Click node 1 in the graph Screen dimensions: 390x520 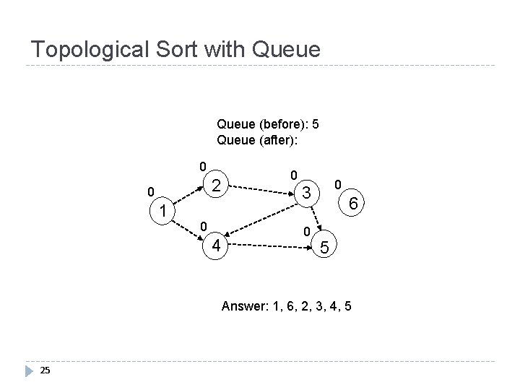165,212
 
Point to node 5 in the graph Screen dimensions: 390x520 326,248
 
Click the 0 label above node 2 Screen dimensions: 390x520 204,165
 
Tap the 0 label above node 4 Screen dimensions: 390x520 204,227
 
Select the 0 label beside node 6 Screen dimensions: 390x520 337,186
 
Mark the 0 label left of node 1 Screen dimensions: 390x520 149,192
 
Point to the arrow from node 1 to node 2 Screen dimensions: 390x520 189,198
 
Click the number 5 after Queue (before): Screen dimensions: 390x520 316,123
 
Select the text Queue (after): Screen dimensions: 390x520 257,139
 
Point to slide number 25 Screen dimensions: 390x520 45,370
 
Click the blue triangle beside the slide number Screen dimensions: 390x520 29,370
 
